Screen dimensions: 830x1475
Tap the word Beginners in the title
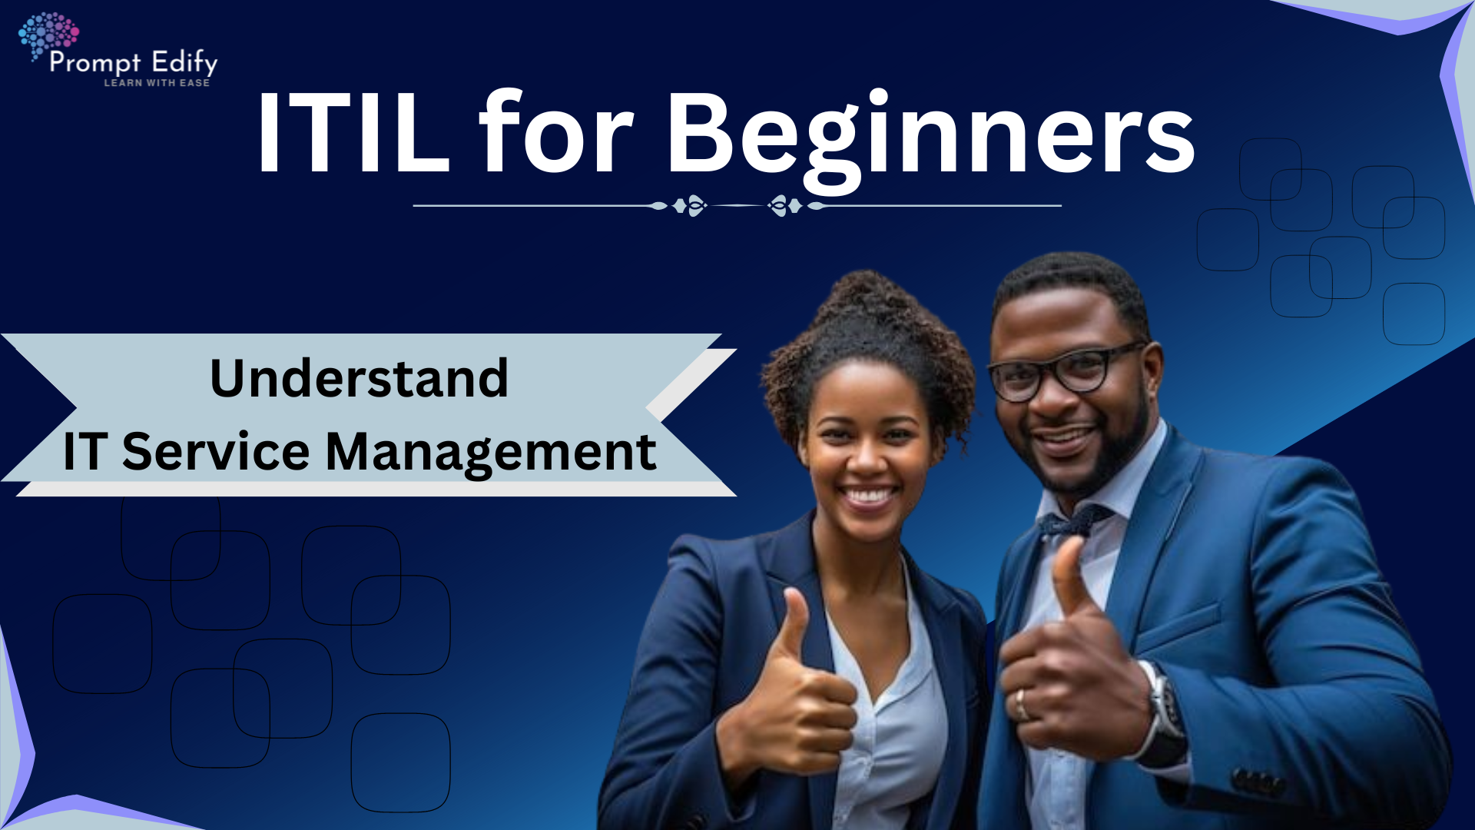[x=930, y=138]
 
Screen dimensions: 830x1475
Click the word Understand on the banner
[x=359, y=378]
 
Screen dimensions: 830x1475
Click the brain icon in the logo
[x=48, y=32]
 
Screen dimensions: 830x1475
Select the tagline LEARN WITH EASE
[x=157, y=83]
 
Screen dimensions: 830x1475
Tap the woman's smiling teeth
[x=868, y=496]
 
